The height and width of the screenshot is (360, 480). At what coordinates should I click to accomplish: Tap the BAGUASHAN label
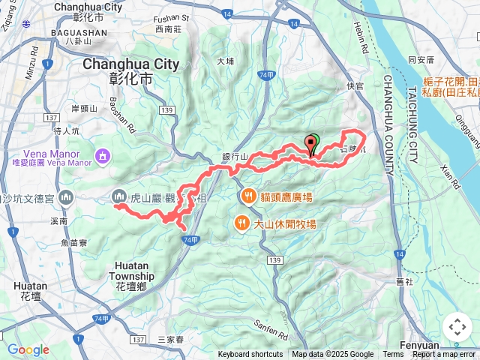point(77,34)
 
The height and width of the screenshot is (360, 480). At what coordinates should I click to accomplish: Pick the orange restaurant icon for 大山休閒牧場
point(241,223)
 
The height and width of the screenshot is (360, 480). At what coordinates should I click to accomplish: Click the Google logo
point(28,349)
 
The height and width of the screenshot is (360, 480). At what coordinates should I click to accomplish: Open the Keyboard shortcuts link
point(250,355)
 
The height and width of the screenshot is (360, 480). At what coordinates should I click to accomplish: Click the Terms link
point(393,355)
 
